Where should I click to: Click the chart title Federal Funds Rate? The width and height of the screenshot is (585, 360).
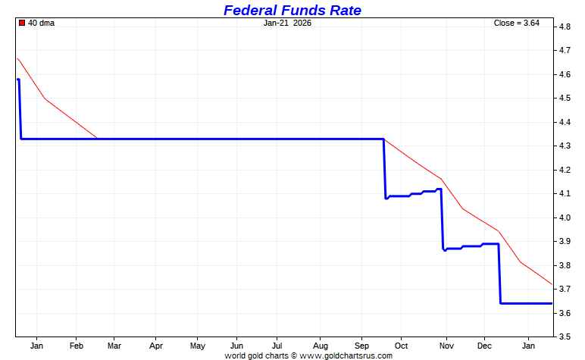tap(292, 10)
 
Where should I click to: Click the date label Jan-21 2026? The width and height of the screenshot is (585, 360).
tap(287, 23)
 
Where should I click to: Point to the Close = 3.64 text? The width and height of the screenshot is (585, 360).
tap(516, 23)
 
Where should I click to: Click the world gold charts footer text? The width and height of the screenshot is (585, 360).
tap(308, 355)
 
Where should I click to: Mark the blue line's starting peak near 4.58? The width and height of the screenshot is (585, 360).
tap(18, 80)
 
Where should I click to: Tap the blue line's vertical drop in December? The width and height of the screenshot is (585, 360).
tap(499, 273)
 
